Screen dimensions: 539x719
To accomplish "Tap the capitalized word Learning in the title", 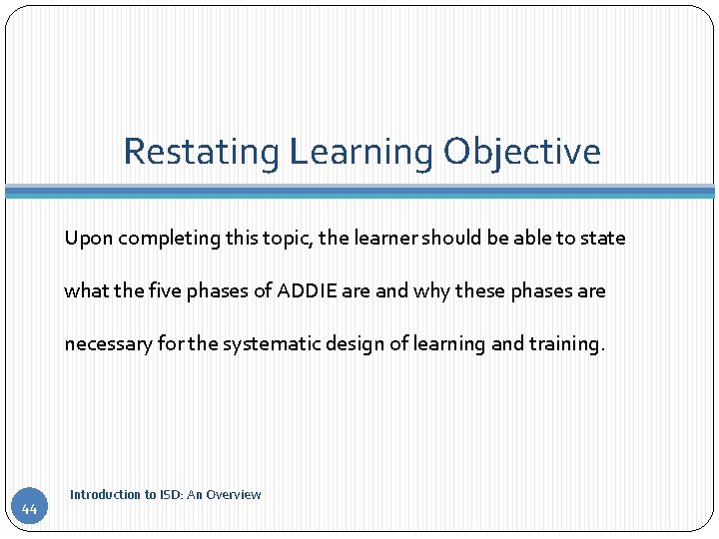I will coord(361,152).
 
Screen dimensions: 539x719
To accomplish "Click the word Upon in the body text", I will coord(86,239).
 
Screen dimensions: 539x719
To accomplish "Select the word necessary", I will coord(108,344).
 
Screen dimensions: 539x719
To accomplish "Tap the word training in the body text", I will coord(566,344).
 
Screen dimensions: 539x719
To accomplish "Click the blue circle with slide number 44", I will coord(29,509).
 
